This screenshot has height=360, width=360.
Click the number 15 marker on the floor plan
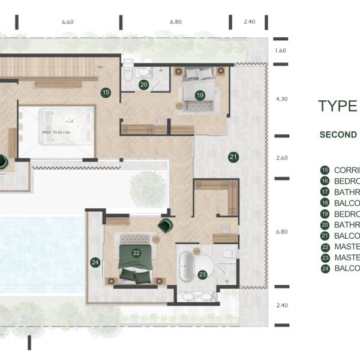coord(106,92)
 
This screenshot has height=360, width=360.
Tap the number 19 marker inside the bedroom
coord(200,94)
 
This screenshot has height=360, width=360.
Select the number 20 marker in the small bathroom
coord(143,85)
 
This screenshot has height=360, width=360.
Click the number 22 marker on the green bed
coord(136,253)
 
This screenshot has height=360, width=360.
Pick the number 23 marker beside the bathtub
coord(202,275)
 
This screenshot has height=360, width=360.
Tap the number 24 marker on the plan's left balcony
coord(94,262)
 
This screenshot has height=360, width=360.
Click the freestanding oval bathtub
coord(186,266)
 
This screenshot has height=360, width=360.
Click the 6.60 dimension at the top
coord(67,22)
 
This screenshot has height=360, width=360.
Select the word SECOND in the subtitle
coord(338,134)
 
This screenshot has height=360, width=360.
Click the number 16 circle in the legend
coord(325,181)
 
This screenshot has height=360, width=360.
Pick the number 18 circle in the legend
coord(325,203)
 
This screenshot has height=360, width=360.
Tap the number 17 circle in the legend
coord(325,192)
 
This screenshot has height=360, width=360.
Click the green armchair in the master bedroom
coord(164,226)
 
